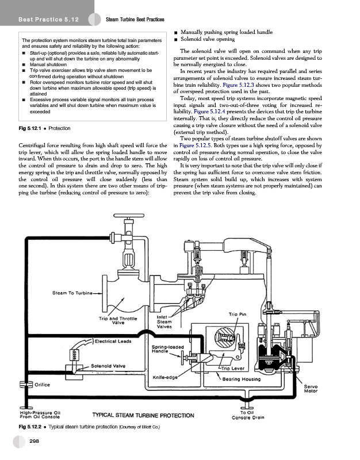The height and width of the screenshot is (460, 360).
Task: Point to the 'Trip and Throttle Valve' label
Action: (x=120, y=320)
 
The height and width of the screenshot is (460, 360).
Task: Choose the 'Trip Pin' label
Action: (x=238, y=314)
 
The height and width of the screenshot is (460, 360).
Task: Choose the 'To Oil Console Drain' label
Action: (x=252, y=415)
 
